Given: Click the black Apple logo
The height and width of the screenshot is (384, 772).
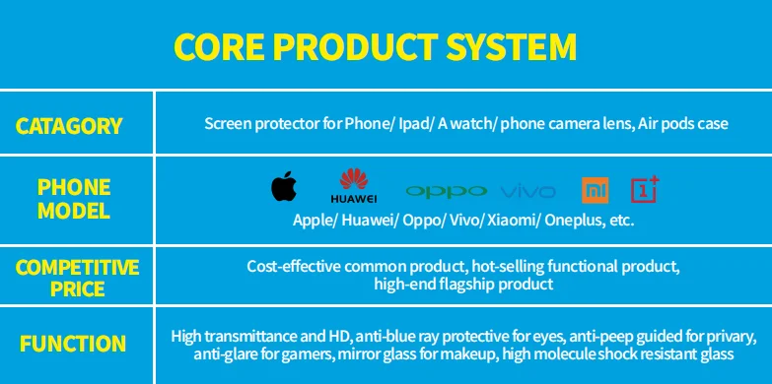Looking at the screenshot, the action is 284,186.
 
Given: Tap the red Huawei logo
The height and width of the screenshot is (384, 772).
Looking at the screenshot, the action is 354,186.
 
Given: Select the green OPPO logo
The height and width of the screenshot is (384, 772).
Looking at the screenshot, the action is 447,191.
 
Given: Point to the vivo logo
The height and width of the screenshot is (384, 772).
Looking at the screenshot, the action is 528,192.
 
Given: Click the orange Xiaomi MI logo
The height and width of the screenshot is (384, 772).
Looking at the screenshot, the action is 596,190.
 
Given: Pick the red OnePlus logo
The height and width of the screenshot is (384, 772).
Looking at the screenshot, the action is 645,189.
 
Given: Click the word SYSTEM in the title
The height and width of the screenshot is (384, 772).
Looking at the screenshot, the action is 511,46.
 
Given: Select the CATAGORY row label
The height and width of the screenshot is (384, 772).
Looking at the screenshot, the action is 69,126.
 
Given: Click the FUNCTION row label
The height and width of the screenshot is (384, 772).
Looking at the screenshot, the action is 73,344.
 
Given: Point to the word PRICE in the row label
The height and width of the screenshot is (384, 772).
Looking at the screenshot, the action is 78,288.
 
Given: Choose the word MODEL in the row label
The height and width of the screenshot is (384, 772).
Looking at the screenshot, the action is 74,211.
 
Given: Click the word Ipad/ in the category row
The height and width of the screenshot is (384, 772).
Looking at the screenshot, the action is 415,123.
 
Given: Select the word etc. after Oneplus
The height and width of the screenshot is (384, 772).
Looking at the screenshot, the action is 622,222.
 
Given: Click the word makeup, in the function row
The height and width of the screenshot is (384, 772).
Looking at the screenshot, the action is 476,354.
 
